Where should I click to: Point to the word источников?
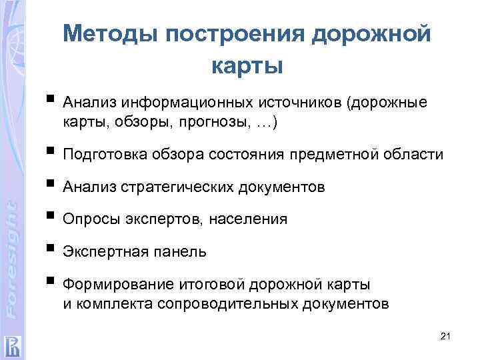point(294,103)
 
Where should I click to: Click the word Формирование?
point(116,285)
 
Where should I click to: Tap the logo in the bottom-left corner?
point(13,345)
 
